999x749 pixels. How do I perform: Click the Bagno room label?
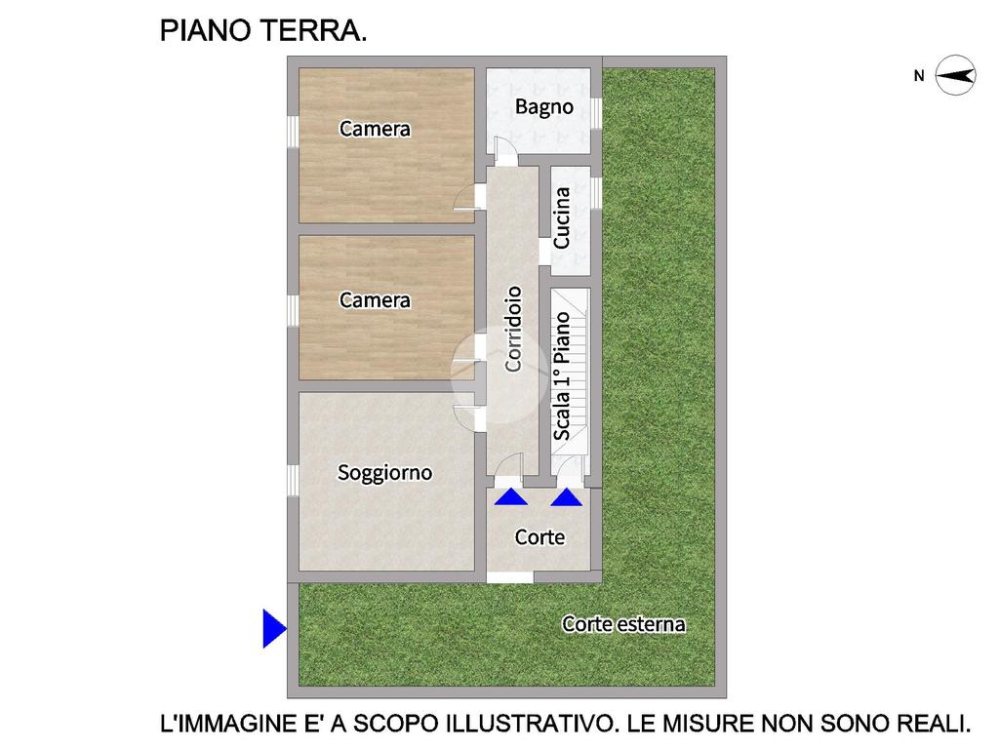point(544,107)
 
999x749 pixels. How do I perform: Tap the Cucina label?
point(561,217)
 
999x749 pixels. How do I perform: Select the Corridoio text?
point(513,329)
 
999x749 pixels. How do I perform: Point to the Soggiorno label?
point(384,473)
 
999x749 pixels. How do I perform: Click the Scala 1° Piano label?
point(561,375)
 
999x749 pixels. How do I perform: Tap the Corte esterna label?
point(623,624)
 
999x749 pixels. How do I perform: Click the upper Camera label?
point(375,129)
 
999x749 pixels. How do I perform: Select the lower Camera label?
point(375,300)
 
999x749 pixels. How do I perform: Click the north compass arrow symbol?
point(956,76)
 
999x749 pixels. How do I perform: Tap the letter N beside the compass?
point(919,76)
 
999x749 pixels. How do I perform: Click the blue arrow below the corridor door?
point(511,496)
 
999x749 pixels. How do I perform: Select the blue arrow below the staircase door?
point(567,497)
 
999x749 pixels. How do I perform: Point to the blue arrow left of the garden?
point(274,628)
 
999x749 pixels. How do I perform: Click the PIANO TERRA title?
point(263,30)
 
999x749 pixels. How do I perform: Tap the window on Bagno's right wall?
point(596,113)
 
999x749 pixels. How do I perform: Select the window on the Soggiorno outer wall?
point(293,480)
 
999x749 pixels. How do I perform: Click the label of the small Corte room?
point(539,537)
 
